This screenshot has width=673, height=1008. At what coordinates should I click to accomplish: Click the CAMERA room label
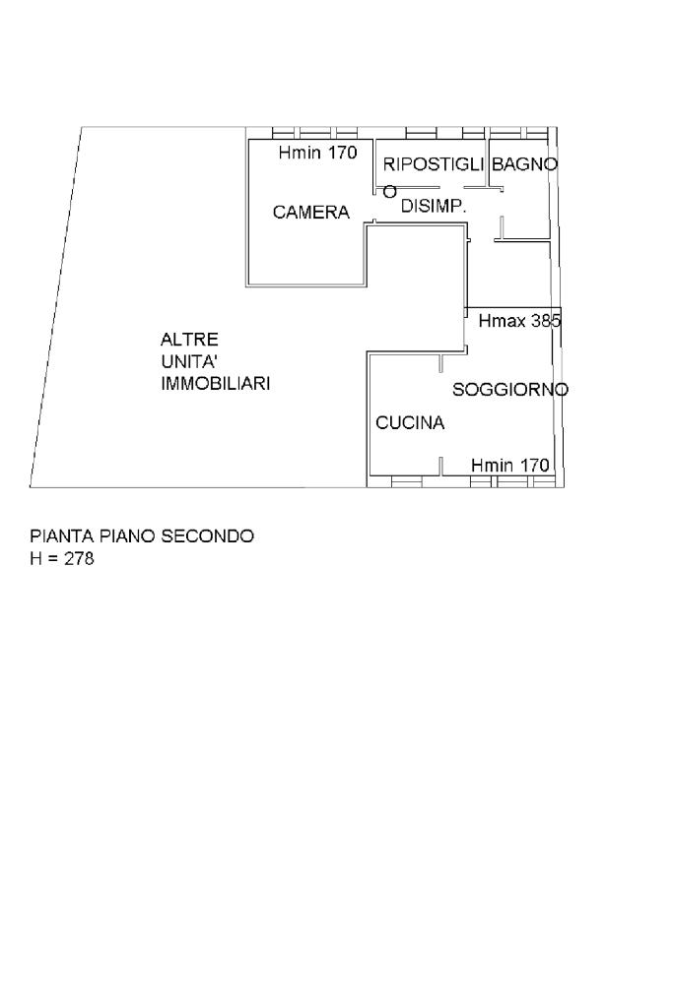pos(311,212)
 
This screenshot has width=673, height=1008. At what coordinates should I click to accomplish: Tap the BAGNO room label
pos(524,164)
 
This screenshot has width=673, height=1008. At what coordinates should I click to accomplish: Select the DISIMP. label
pos(433,206)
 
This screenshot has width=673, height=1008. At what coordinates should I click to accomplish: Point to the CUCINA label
pos(410,423)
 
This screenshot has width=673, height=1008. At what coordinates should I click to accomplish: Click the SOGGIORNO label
pos(510,390)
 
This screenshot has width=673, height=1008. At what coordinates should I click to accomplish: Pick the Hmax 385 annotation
pos(519,321)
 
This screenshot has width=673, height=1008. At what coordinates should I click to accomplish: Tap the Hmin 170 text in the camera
pos(317,153)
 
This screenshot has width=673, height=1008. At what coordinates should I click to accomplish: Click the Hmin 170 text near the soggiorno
pos(509,465)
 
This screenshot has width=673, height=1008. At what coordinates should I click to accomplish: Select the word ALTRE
pos(189,339)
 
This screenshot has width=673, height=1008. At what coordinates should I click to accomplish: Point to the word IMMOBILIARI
pos(216,384)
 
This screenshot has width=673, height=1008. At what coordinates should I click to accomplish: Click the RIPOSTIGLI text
pos(434,164)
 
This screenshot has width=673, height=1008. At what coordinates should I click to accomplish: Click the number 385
pos(546,321)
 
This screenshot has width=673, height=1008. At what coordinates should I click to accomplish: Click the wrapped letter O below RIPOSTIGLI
pos(390,191)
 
